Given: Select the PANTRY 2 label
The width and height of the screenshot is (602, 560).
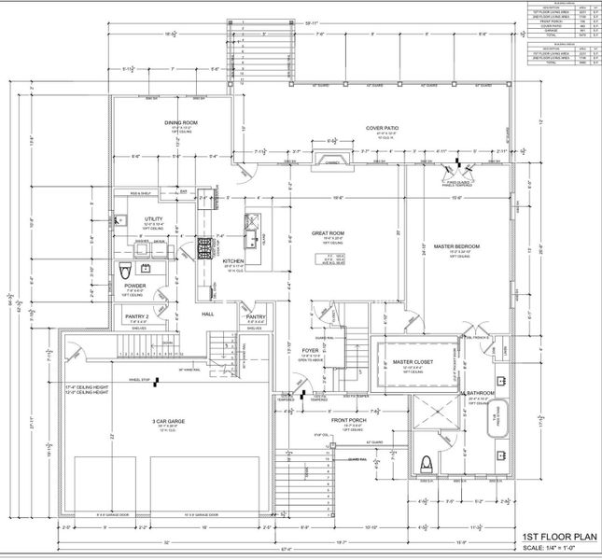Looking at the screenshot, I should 137,317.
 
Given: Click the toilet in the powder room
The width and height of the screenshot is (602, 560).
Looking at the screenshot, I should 126,272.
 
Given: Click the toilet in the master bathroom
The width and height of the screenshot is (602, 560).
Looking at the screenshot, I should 427,464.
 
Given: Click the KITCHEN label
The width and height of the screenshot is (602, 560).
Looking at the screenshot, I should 233,262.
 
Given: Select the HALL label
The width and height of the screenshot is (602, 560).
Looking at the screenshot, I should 209,315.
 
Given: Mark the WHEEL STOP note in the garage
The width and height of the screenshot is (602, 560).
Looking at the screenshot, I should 140,380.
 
